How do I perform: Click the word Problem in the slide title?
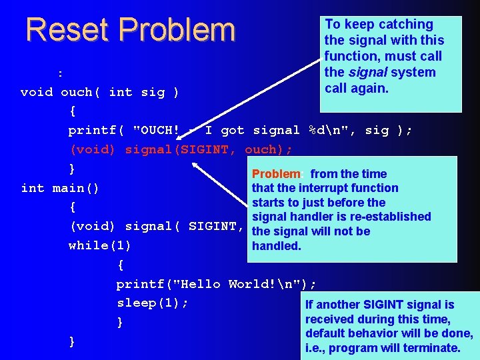point(181,30)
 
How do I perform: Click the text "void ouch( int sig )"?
point(99,92)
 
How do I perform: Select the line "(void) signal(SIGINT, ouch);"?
point(181,149)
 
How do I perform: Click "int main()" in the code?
point(60,188)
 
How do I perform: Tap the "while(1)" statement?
point(99,245)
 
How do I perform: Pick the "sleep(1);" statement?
point(153,303)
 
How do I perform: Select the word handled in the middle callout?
point(276,246)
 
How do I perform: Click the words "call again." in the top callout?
point(357,89)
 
